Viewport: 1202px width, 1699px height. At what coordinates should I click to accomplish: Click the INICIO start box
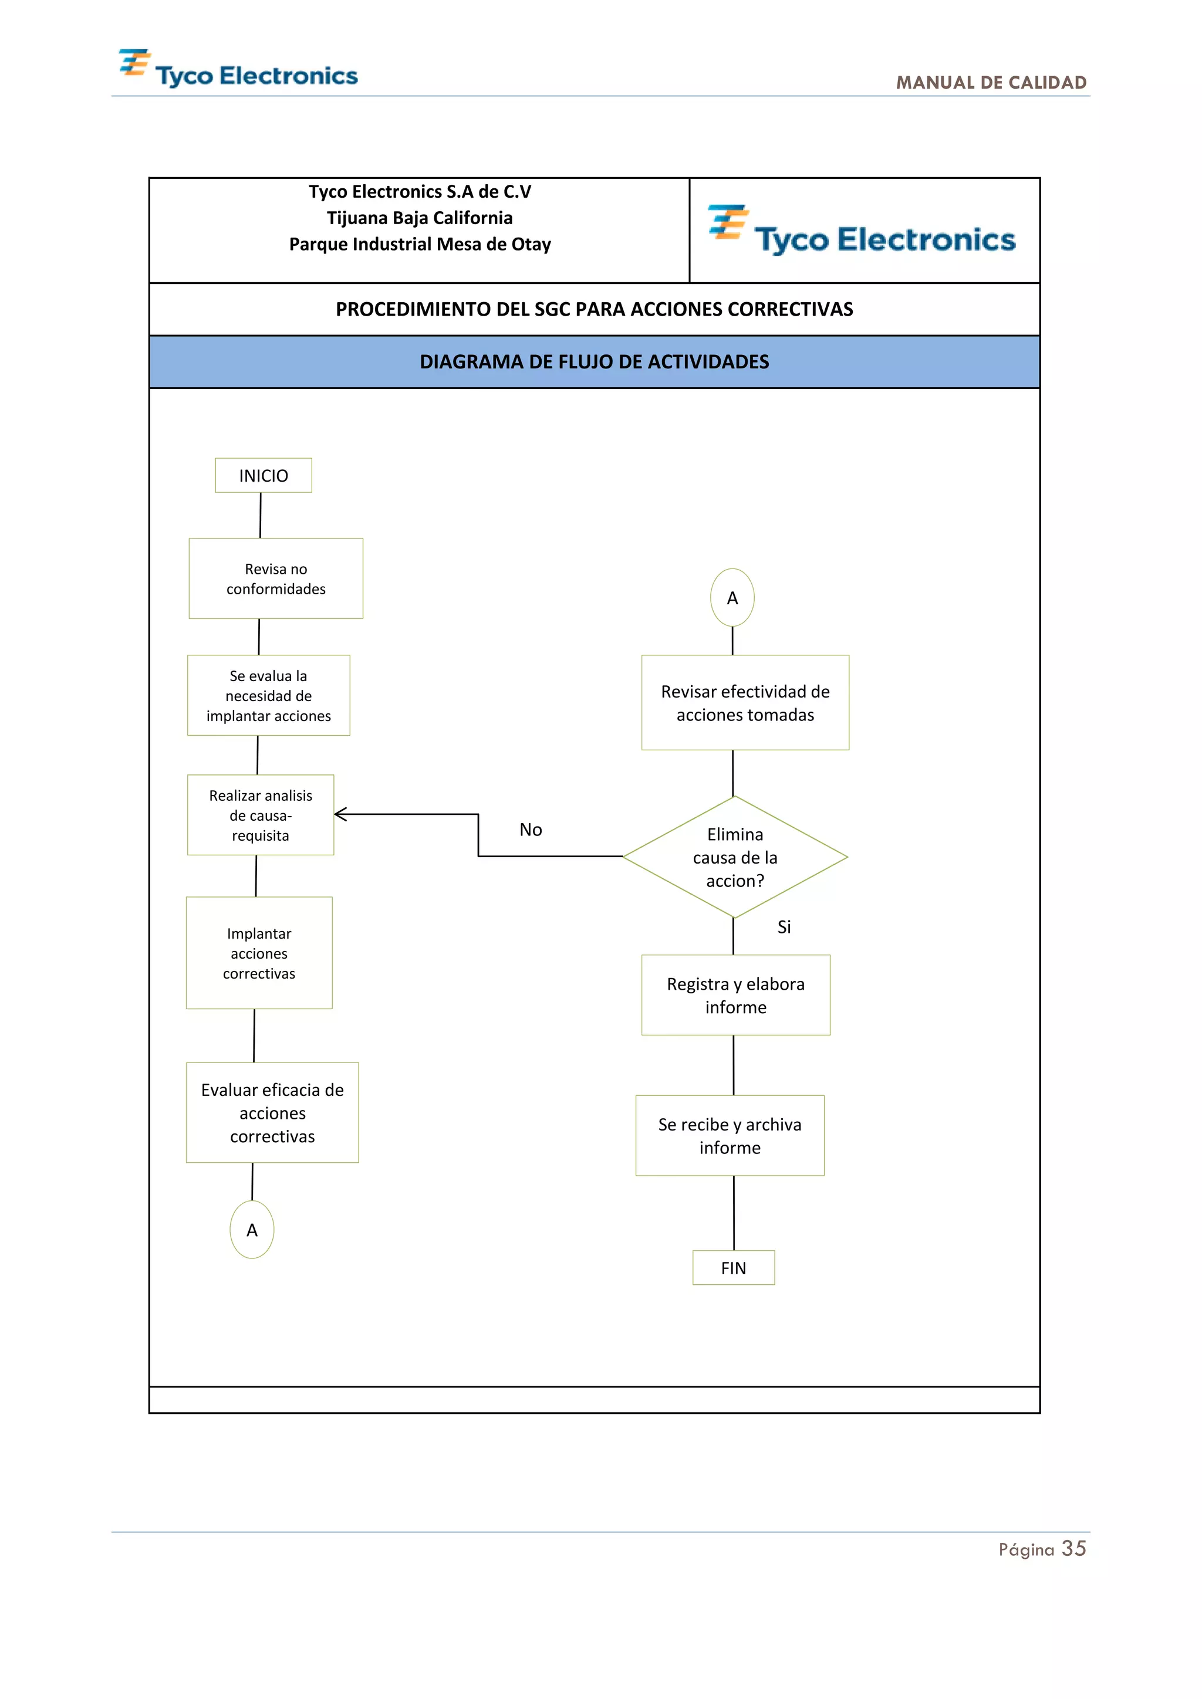[x=264, y=475]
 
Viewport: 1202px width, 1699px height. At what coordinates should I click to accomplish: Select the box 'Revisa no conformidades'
[x=275, y=578]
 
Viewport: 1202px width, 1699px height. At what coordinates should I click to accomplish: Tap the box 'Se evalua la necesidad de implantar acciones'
[x=268, y=696]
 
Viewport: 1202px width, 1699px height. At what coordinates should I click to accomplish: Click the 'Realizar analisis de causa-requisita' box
[x=261, y=815]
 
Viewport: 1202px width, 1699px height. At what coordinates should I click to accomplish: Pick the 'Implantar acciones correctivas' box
[x=259, y=953]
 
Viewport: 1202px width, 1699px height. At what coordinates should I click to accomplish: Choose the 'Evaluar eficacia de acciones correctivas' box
[x=272, y=1113]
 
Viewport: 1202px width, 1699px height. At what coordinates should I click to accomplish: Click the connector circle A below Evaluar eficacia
[x=252, y=1230]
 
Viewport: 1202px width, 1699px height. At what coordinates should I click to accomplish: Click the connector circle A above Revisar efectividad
[x=732, y=598]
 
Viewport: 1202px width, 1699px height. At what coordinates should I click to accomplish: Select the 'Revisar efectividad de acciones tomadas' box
[x=745, y=703]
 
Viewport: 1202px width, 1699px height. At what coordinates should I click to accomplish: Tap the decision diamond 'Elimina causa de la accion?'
[x=735, y=858]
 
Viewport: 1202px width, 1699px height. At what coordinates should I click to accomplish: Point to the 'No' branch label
[x=531, y=830]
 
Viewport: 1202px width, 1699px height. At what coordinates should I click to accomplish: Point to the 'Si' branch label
[x=784, y=927]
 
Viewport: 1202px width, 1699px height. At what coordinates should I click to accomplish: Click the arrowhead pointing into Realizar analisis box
[x=340, y=815]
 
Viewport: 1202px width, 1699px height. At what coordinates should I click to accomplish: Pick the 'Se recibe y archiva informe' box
[x=730, y=1136]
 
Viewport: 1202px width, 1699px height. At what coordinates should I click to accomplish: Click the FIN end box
[x=734, y=1268]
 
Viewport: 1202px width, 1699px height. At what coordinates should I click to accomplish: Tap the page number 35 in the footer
[x=1073, y=1549]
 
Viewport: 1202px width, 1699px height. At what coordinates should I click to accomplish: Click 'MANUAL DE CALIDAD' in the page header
[x=991, y=82]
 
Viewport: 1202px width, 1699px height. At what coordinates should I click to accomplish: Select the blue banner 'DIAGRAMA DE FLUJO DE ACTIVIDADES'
[x=595, y=362]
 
